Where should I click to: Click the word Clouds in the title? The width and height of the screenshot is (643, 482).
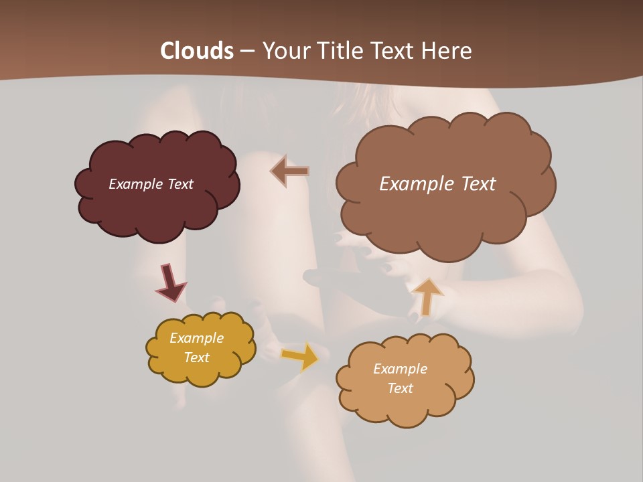(196, 51)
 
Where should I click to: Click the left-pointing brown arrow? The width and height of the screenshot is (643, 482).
(289, 171)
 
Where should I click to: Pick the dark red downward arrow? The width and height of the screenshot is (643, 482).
(170, 283)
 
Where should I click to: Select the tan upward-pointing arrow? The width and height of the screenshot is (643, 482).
(427, 296)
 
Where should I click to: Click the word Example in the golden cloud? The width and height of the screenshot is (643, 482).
(196, 338)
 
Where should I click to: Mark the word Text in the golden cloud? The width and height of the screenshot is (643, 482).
(197, 357)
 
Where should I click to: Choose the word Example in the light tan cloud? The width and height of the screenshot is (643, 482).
(400, 369)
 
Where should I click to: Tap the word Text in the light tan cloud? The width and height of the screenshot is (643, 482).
(400, 388)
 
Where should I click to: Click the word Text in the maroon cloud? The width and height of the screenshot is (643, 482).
(180, 184)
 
